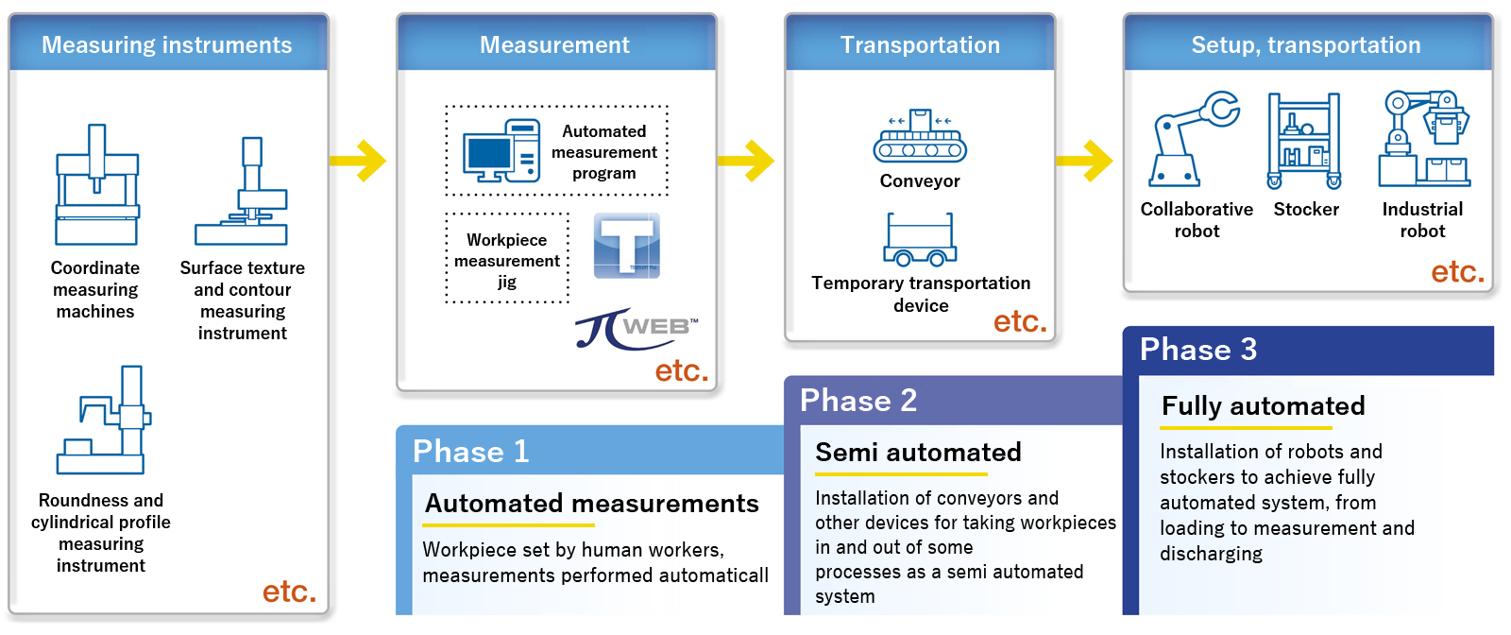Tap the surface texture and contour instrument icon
point(242,193)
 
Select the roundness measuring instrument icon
point(104,420)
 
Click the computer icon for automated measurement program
point(501,151)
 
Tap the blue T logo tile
point(626,246)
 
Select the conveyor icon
point(920,137)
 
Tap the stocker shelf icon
point(1304,141)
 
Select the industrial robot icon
point(1423,139)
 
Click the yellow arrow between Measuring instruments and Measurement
point(360,161)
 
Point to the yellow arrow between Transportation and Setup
point(1086,161)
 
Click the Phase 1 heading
point(470,452)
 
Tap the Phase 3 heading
point(1197,350)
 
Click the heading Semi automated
point(918,453)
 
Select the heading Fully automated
point(1263,406)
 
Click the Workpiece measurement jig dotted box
point(507,259)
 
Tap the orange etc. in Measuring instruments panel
point(289,592)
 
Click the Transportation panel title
point(920,44)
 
